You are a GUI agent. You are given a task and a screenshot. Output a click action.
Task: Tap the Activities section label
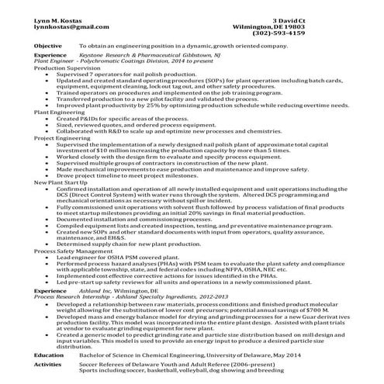click(48, 363)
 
